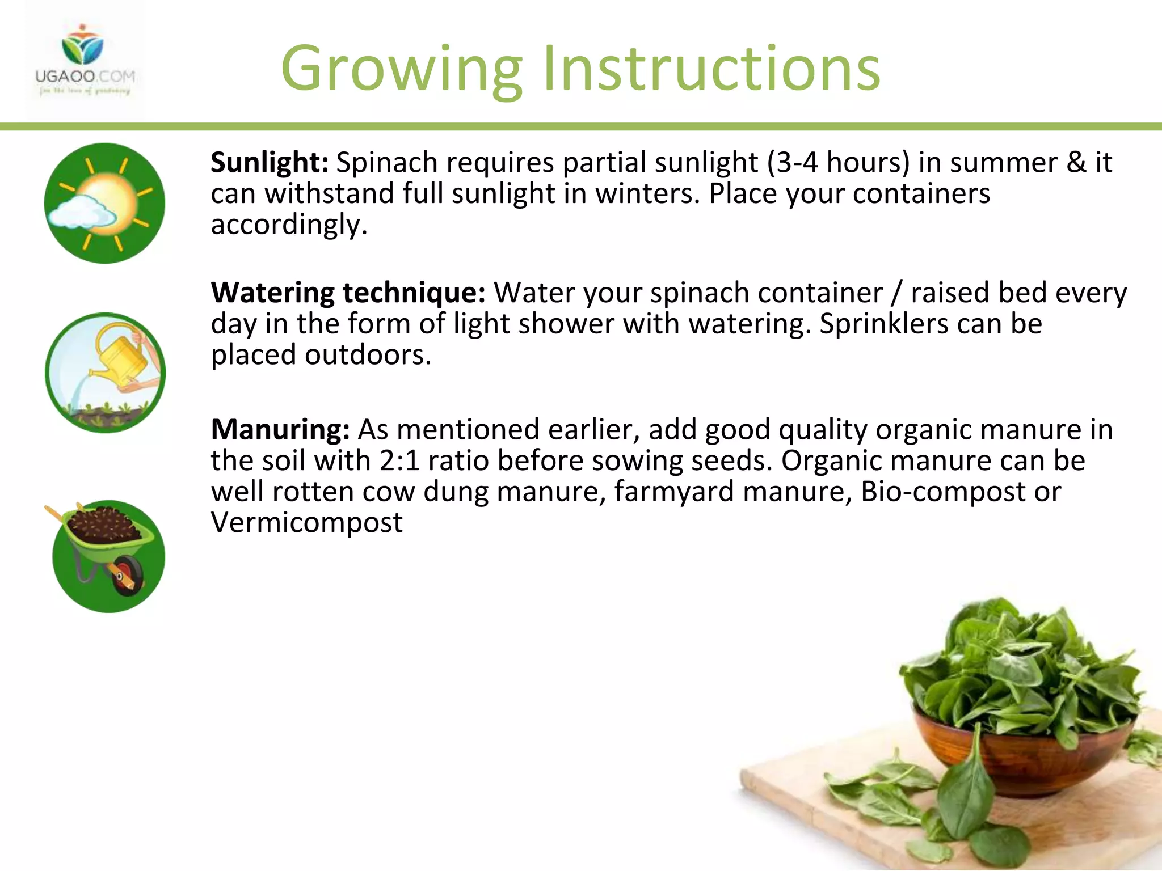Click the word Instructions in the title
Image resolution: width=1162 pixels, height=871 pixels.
[711, 69]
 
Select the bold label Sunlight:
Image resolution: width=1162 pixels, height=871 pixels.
[270, 163]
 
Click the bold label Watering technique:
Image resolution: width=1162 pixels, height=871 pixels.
[348, 293]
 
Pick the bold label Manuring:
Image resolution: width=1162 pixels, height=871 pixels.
[280, 430]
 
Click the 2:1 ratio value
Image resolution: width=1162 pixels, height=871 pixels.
[399, 460]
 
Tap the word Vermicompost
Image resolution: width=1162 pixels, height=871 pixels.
[306, 522]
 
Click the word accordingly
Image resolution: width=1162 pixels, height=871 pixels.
[288, 225]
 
